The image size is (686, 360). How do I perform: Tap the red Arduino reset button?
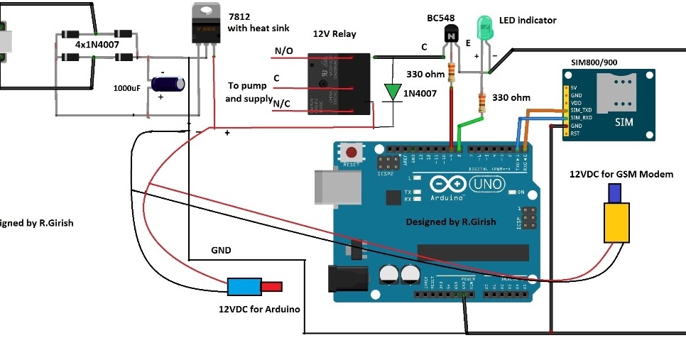coord(350,152)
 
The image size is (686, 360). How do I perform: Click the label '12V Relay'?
coord(334,34)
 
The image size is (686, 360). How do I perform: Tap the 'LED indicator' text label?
coord(528,21)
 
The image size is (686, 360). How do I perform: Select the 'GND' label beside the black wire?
coord(221,251)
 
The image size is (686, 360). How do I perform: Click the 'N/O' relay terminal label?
coord(283,51)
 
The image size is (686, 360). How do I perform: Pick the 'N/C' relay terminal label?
coord(283,104)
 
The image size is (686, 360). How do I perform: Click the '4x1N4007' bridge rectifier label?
coord(97,44)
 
